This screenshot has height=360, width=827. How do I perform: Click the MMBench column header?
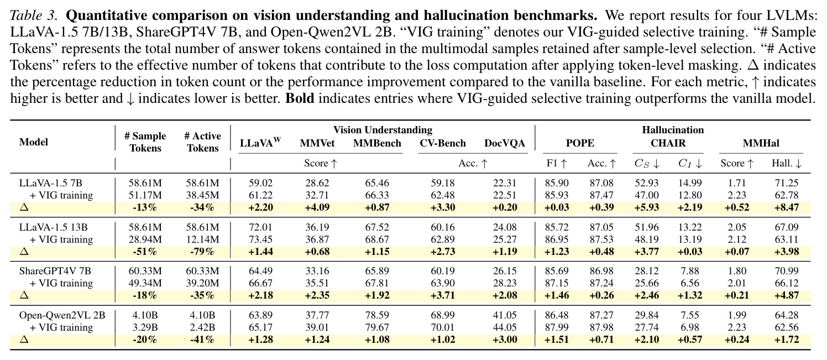tap(377, 143)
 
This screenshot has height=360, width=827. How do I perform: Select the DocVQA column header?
tap(504, 143)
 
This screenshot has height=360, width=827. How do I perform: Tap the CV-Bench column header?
tap(443, 143)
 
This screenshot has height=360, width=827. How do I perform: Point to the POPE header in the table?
tap(580, 143)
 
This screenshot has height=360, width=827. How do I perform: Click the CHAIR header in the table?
tap(668, 143)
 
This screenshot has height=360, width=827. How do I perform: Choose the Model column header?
tap(34, 142)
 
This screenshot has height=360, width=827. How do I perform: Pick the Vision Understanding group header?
tap(383, 130)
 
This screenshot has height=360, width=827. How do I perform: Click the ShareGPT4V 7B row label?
tap(55, 271)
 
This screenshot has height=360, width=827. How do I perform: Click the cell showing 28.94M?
tap(145, 239)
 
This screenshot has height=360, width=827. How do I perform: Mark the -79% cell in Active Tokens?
tap(202, 252)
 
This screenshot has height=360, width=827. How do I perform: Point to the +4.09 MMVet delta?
tap(317, 207)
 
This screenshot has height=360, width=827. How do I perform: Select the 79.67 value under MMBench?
tap(377, 327)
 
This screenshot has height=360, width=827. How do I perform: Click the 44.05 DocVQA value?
tap(504, 327)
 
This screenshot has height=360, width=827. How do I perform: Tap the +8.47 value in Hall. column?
tap(787, 207)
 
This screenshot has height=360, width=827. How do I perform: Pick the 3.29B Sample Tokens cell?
tap(145, 327)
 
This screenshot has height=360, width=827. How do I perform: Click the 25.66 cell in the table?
tap(646, 283)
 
